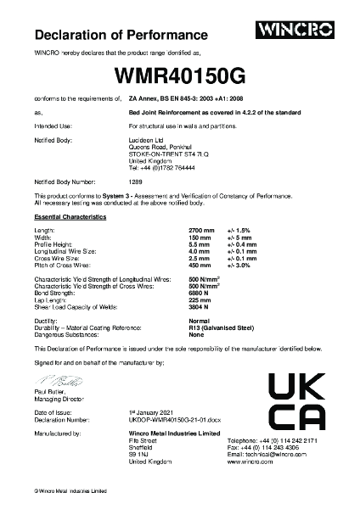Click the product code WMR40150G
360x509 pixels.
[180, 76]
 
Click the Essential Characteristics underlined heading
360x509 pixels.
[70, 218]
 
